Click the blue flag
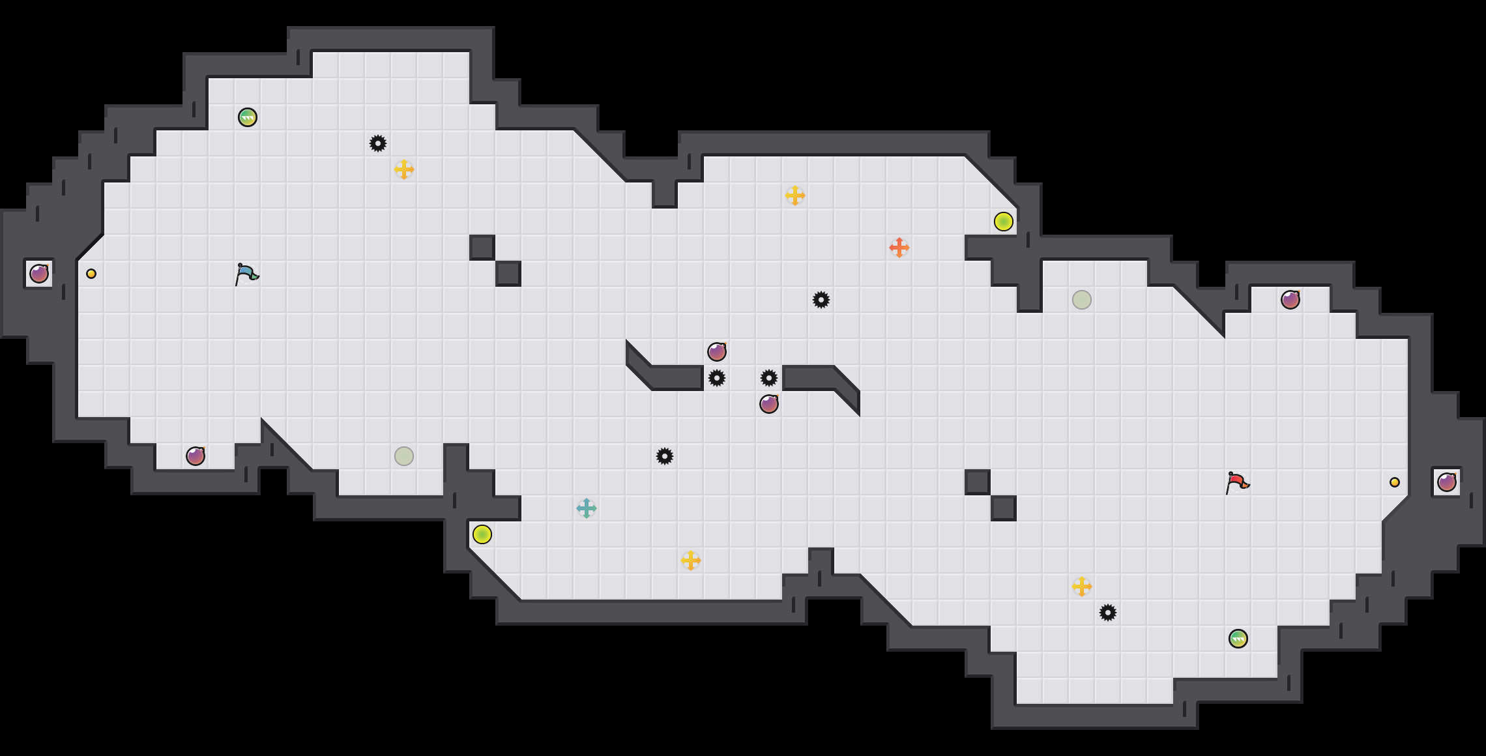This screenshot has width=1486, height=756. pos(246,274)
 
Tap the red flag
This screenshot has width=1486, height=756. pos(1237,483)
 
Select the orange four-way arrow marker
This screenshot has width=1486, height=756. pos(899,248)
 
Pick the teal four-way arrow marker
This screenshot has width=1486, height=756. pos(587,508)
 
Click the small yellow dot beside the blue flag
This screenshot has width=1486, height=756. pos(91,274)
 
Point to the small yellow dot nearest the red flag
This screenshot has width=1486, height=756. pos(1395,482)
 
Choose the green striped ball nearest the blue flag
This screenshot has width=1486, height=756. pos(248,117)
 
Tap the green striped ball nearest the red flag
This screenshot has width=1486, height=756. pos(1238,639)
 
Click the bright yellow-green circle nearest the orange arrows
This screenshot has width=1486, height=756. pos(1004,222)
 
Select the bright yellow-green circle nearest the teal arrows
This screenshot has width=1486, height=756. pos(482,534)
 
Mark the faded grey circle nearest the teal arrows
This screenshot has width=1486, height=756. pos(404,456)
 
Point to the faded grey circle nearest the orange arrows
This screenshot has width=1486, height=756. pos(1082,300)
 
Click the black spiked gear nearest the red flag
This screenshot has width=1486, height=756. pos(1108,613)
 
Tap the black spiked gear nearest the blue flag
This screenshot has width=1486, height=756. pos(378,143)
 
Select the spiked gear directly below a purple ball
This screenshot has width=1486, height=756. pos(717,378)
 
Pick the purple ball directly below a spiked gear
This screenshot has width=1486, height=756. pos(769,404)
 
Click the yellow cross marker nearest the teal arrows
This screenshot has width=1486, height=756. pos(691,560)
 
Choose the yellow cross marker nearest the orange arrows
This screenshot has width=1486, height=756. pos(795,196)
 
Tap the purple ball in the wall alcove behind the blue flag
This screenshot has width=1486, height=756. pos(39,274)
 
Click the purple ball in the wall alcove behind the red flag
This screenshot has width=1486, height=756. pos(1447,482)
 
